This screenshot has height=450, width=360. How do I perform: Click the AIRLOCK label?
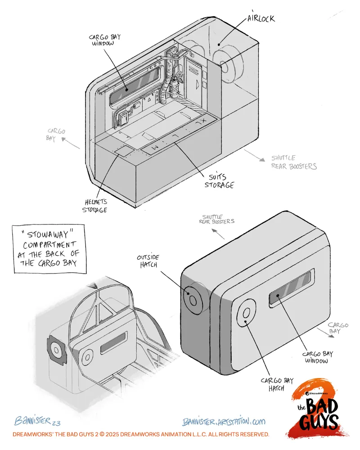tap(261, 19)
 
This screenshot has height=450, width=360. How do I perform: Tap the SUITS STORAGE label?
tap(219, 180)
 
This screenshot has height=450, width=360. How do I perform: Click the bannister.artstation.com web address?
tap(224, 422)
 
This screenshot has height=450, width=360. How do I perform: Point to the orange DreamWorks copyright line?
tap(141, 435)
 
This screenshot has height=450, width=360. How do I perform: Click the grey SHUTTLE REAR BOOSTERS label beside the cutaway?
tap(294, 162)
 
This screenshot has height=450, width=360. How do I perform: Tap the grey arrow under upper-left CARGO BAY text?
tap(71, 144)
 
